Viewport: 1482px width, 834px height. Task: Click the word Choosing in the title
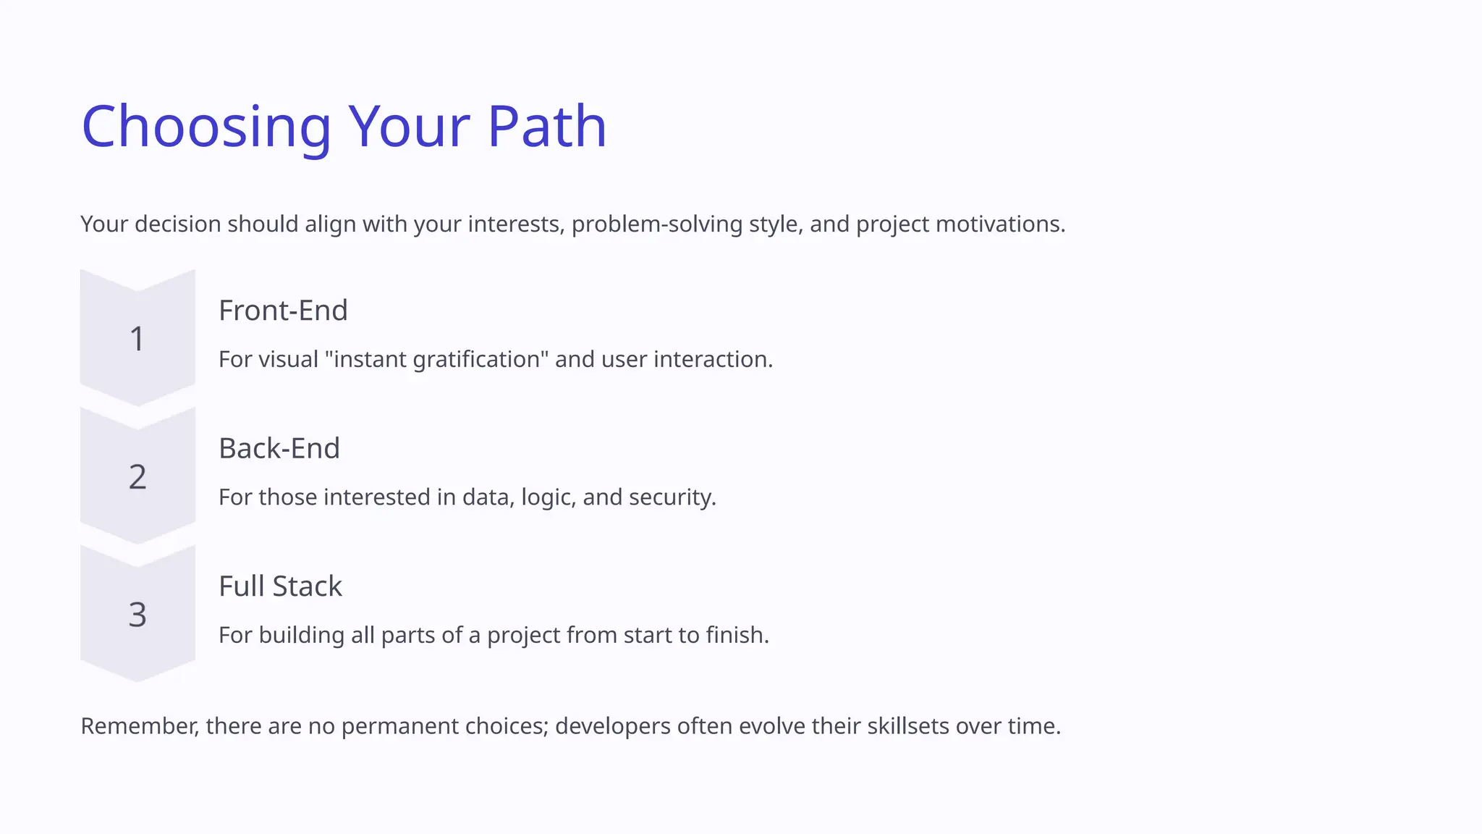206,127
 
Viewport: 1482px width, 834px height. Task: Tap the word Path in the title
546,127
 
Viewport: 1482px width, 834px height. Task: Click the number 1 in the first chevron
137,339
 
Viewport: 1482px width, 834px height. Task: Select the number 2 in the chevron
137,477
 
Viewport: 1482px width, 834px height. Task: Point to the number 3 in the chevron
137,615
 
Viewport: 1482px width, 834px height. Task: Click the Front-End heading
283,311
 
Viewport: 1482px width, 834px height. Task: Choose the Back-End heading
279,448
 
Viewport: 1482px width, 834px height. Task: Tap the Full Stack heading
280,586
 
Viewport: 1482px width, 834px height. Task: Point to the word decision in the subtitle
177,224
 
